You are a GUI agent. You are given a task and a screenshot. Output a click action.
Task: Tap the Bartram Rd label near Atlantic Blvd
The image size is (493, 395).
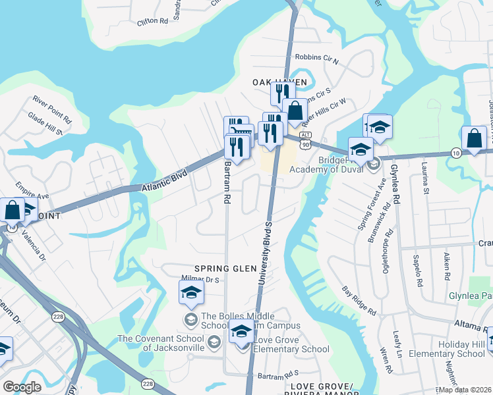tap(227, 182)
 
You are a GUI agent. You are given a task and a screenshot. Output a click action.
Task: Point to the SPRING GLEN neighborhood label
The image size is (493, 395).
tap(231, 269)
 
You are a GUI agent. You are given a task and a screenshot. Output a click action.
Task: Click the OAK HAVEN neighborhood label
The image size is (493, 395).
tap(279, 82)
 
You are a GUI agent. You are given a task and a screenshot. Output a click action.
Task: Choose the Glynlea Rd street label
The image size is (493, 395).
tap(395, 184)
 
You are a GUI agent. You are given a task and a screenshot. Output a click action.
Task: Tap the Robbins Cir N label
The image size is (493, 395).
tap(316, 60)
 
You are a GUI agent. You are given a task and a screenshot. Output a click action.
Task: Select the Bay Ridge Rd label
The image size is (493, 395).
tap(359, 300)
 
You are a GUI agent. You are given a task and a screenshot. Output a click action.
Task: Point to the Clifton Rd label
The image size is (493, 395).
tap(153, 21)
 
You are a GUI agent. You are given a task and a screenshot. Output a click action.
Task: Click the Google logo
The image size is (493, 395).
tap(22, 387)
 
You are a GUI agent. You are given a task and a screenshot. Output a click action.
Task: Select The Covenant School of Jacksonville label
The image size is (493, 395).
tap(162, 343)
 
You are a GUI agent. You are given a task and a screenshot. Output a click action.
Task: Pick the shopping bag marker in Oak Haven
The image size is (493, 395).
tap(295, 110)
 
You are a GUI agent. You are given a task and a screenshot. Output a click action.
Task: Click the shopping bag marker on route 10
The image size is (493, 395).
tap(474, 138)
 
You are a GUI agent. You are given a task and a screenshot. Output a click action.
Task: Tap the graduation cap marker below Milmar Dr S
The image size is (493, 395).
tap(191, 292)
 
